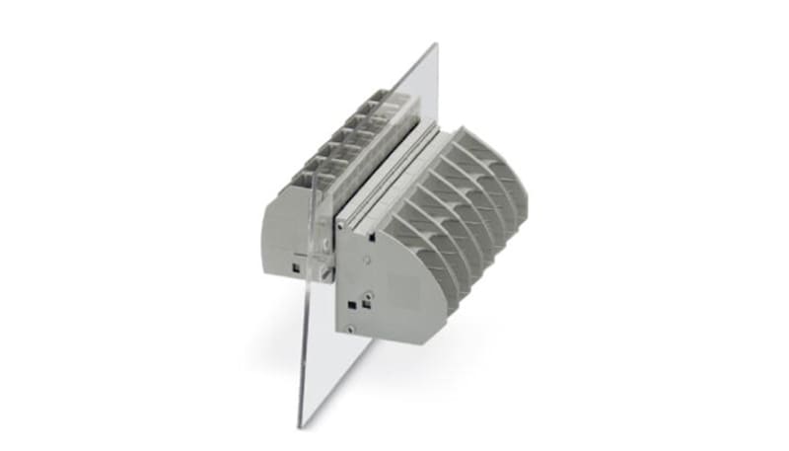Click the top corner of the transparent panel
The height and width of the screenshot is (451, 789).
(434, 45)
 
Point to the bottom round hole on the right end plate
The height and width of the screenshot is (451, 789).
(351, 327)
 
